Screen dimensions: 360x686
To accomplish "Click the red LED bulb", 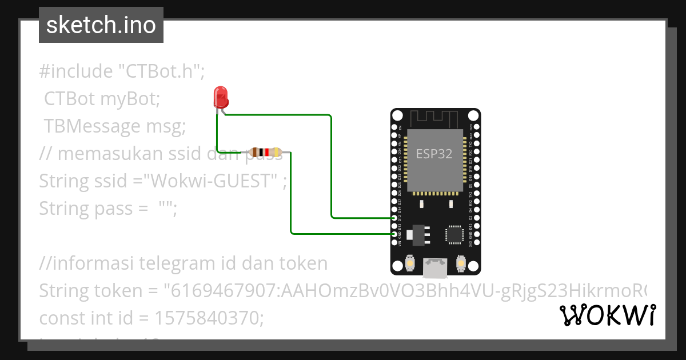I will (220, 97).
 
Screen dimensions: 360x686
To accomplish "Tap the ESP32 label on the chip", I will (434, 154).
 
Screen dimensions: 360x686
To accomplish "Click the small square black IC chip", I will (456, 234).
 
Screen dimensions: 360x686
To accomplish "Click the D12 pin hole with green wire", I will (394, 218).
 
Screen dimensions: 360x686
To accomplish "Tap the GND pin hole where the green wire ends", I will (394, 234).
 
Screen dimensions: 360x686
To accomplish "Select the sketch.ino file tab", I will (101, 25).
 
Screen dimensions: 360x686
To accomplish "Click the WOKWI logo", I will (607, 315).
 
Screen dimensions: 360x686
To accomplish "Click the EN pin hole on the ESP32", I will (394, 127).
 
